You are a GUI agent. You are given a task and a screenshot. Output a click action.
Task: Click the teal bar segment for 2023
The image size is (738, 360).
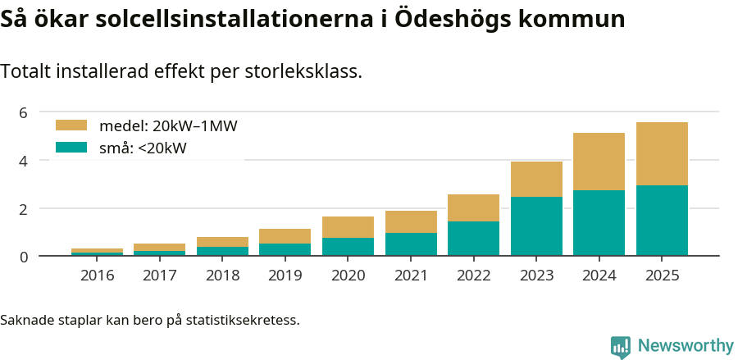536,226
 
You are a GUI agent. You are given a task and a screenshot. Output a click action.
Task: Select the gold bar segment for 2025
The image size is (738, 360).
662,153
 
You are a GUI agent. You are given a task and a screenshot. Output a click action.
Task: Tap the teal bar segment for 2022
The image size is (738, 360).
473,239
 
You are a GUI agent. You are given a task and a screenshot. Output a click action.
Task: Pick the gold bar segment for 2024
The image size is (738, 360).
599,162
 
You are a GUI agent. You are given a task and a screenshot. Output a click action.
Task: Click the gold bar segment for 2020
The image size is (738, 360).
348,227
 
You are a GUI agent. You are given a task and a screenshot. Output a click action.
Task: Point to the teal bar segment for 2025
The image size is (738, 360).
662,221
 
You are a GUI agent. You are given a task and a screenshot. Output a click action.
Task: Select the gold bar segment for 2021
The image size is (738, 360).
411,221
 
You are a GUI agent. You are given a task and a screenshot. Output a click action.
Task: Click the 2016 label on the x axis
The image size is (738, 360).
97,275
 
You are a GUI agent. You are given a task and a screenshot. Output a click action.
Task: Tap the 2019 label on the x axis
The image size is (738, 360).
285,275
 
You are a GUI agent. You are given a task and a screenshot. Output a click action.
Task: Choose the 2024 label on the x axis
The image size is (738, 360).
599,275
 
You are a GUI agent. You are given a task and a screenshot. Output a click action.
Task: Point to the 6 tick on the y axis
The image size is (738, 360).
24,112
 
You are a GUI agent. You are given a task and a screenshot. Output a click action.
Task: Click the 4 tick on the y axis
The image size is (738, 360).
24,161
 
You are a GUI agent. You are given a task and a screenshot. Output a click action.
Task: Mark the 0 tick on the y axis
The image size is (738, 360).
24,257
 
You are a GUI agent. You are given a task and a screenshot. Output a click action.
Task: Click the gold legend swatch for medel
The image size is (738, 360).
71,125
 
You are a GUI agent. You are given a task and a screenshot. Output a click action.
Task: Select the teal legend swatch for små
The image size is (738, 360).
71,148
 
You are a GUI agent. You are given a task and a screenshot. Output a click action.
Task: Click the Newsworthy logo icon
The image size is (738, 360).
621,346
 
